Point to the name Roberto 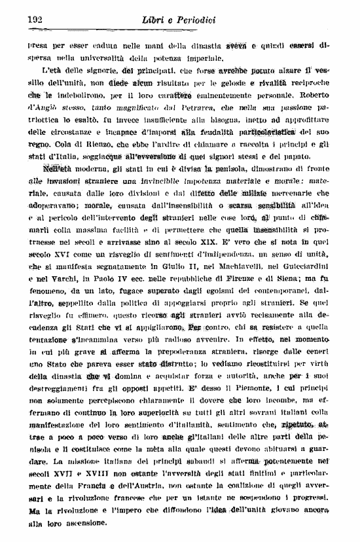click(x=331, y=92)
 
